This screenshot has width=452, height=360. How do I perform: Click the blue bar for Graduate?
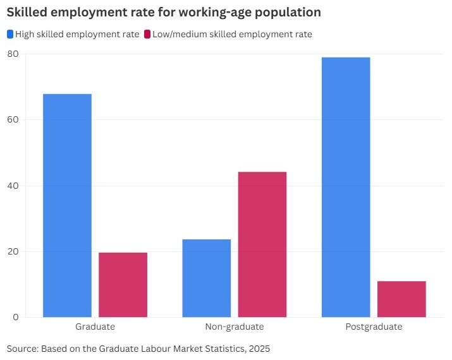[67, 205]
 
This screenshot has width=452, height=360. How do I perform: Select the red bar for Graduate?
[123, 285]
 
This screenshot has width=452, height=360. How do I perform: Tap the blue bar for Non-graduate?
[206, 278]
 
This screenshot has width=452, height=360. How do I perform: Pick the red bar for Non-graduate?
[262, 244]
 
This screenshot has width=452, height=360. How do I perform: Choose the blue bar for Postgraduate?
[346, 187]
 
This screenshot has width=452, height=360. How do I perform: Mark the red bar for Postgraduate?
[401, 299]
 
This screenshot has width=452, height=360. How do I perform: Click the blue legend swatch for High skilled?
[9, 34]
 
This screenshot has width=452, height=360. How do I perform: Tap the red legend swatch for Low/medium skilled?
[147, 34]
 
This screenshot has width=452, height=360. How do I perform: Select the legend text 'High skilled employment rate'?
[77, 34]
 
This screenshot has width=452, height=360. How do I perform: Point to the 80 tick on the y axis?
[13, 54]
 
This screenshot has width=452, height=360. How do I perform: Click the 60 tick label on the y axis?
[13, 120]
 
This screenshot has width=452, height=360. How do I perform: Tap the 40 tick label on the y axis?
[13, 186]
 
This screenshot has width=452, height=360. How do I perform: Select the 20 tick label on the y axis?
[13, 251]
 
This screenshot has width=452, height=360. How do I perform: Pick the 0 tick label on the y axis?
[15, 317]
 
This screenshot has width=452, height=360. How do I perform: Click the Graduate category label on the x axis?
[95, 327]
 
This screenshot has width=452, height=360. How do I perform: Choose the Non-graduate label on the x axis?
[234, 327]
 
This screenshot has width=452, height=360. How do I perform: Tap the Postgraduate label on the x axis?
[374, 327]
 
